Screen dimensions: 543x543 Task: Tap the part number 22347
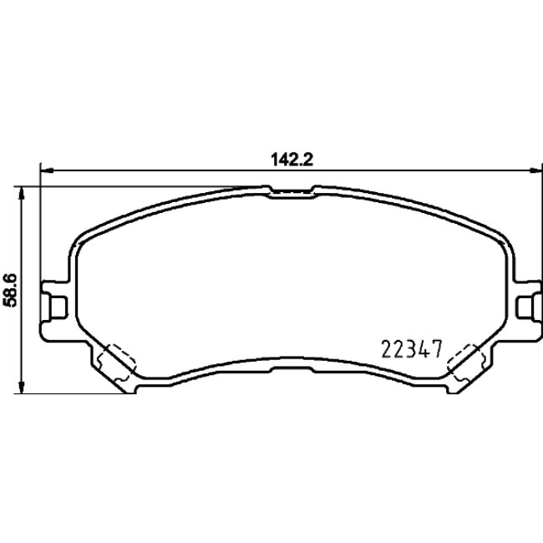pyautogui.click(x=409, y=346)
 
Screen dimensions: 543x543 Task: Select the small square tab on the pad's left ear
pyautogui.click(x=58, y=307)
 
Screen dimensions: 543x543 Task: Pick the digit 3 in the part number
pyautogui.click(x=409, y=346)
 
